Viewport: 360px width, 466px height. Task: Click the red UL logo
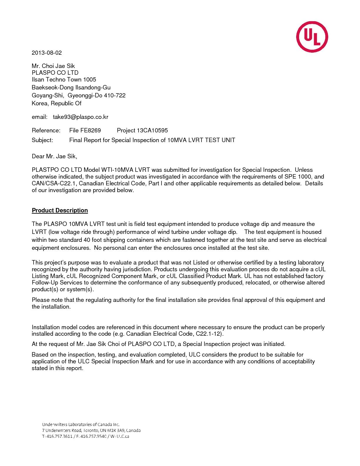click(x=312, y=37)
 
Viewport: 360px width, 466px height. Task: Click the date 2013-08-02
click(x=47, y=53)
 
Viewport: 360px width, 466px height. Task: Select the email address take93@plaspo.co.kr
click(x=81, y=117)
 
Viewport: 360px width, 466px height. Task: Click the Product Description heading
click(x=60, y=210)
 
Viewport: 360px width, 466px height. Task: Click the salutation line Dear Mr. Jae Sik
click(x=54, y=156)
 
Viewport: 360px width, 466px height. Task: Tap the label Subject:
click(x=42, y=140)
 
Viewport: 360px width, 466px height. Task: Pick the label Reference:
click(x=46, y=130)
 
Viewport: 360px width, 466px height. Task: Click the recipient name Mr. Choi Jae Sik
click(x=53, y=66)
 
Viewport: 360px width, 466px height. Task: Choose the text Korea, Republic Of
click(x=56, y=103)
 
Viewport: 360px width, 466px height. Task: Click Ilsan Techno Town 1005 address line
click(x=64, y=79)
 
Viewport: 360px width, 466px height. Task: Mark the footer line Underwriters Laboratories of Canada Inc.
click(x=81, y=424)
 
